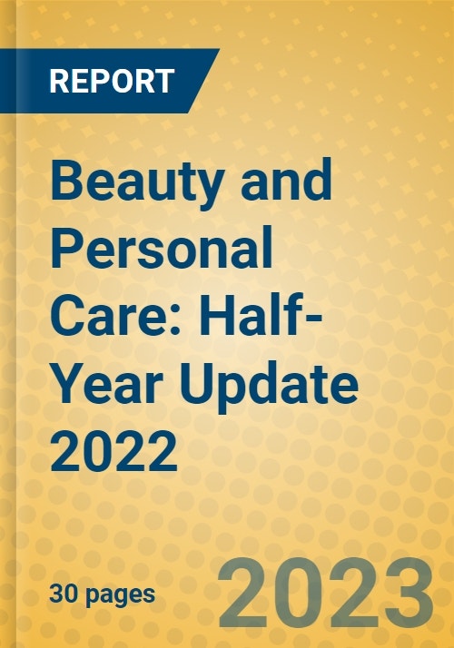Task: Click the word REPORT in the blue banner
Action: [111, 81]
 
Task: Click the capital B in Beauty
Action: [71, 184]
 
